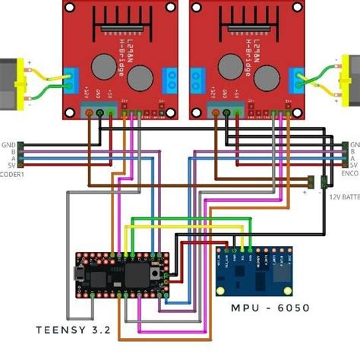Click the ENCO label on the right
(351, 173)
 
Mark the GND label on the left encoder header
(10, 144)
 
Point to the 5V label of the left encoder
(11, 164)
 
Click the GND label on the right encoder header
(353, 144)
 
